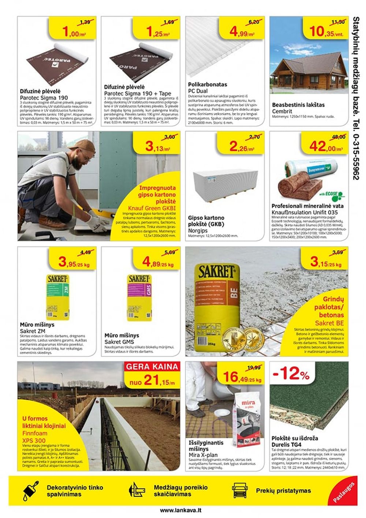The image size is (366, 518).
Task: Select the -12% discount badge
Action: point(291,374)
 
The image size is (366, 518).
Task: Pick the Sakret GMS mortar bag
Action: point(139,297)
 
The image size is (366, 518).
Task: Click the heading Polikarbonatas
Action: point(208,85)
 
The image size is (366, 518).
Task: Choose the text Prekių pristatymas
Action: point(283,491)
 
